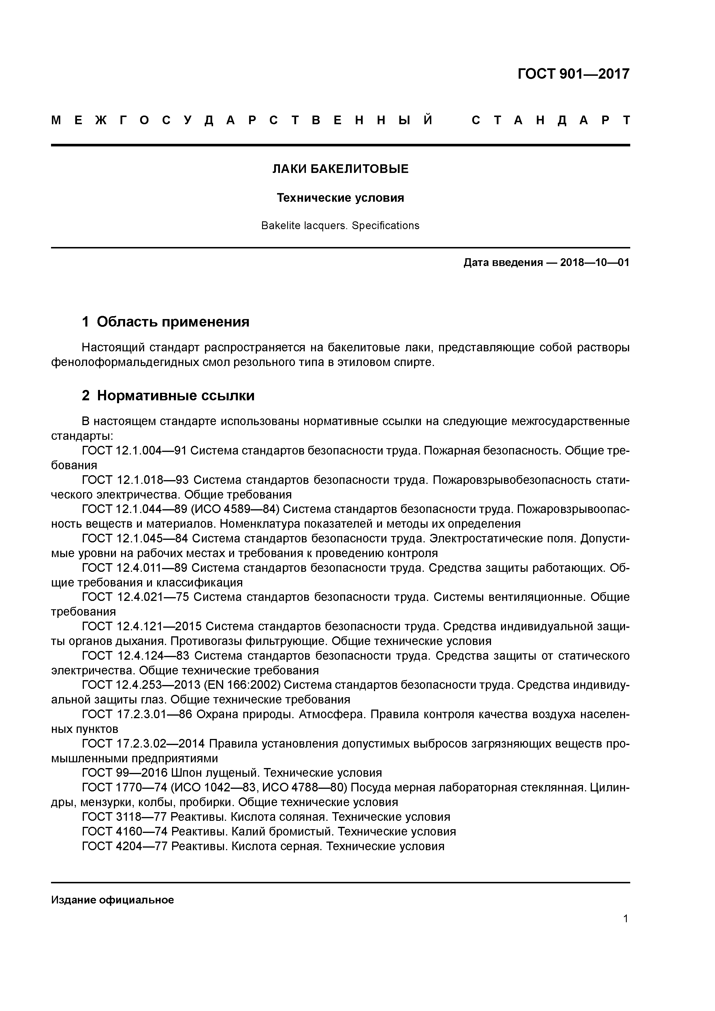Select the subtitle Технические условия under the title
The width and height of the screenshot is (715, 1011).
(x=340, y=198)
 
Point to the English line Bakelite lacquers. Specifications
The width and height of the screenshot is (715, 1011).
(x=340, y=225)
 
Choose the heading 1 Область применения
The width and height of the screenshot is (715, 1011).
(x=166, y=322)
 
